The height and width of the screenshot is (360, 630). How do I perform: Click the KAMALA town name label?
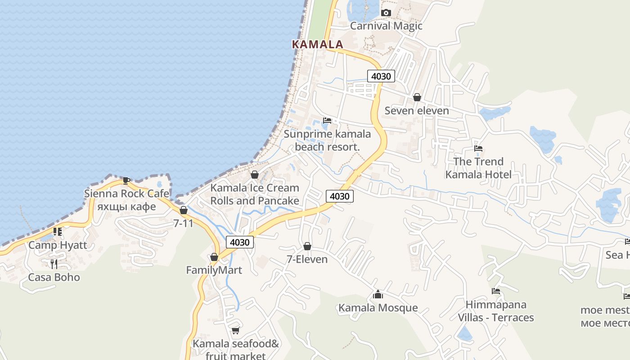pyautogui.click(x=317, y=44)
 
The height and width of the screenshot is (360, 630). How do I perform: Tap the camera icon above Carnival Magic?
pyautogui.click(x=386, y=13)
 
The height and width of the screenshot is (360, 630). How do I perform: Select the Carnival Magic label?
pyautogui.click(x=386, y=26)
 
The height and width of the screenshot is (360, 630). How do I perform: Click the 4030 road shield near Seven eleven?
pyautogui.click(x=381, y=76)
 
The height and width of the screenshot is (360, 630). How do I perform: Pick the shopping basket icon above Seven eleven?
pyautogui.click(x=417, y=97)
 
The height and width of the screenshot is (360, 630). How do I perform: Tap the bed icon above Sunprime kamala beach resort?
pyautogui.click(x=327, y=121)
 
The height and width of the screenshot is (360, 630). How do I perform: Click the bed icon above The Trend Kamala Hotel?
pyautogui.click(x=478, y=148)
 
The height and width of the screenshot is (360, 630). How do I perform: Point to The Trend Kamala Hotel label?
pyautogui.click(x=478, y=168)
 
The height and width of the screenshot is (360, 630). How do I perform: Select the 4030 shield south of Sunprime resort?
pyautogui.click(x=339, y=196)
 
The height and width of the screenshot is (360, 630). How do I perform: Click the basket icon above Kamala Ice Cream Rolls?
pyautogui.click(x=255, y=175)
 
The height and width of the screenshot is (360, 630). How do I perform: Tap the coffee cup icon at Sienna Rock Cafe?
pyautogui.click(x=126, y=181)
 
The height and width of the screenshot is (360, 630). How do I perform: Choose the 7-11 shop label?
pyautogui.click(x=183, y=223)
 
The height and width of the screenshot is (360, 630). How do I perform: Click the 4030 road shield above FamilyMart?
pyautogui.click(x=239, y=242)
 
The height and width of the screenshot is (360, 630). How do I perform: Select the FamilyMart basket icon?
pyautogui.click(x=214, y=257)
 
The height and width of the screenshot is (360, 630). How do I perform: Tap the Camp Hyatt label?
pyautogui.click(x=58, y=245)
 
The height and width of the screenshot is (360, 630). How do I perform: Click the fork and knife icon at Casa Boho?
pyautogui.click(x=54, y=264)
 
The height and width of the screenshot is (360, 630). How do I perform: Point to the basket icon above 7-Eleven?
pyautogui.click(x=307, y=246)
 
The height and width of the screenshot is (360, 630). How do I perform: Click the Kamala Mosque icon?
pyautogui.click(x=378, y=295)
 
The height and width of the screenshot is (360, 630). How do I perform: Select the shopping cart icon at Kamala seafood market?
pyautogui.click(x=235, y=331)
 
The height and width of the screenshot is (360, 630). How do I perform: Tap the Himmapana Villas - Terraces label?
pyautogui.click(x=495, y=311)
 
